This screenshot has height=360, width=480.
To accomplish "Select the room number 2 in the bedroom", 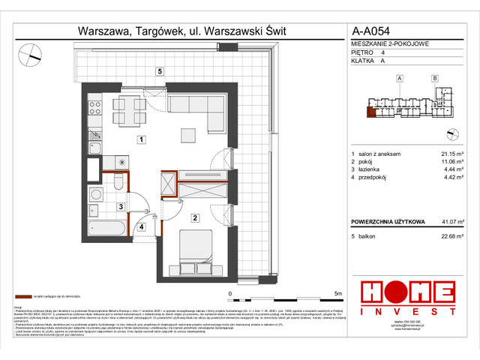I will tap(193, 218).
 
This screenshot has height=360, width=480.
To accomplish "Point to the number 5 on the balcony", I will tap(160, 71).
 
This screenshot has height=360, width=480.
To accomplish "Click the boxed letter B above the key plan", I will tap(435, 79).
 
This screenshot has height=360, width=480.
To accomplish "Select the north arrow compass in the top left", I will tap(31, 52).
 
